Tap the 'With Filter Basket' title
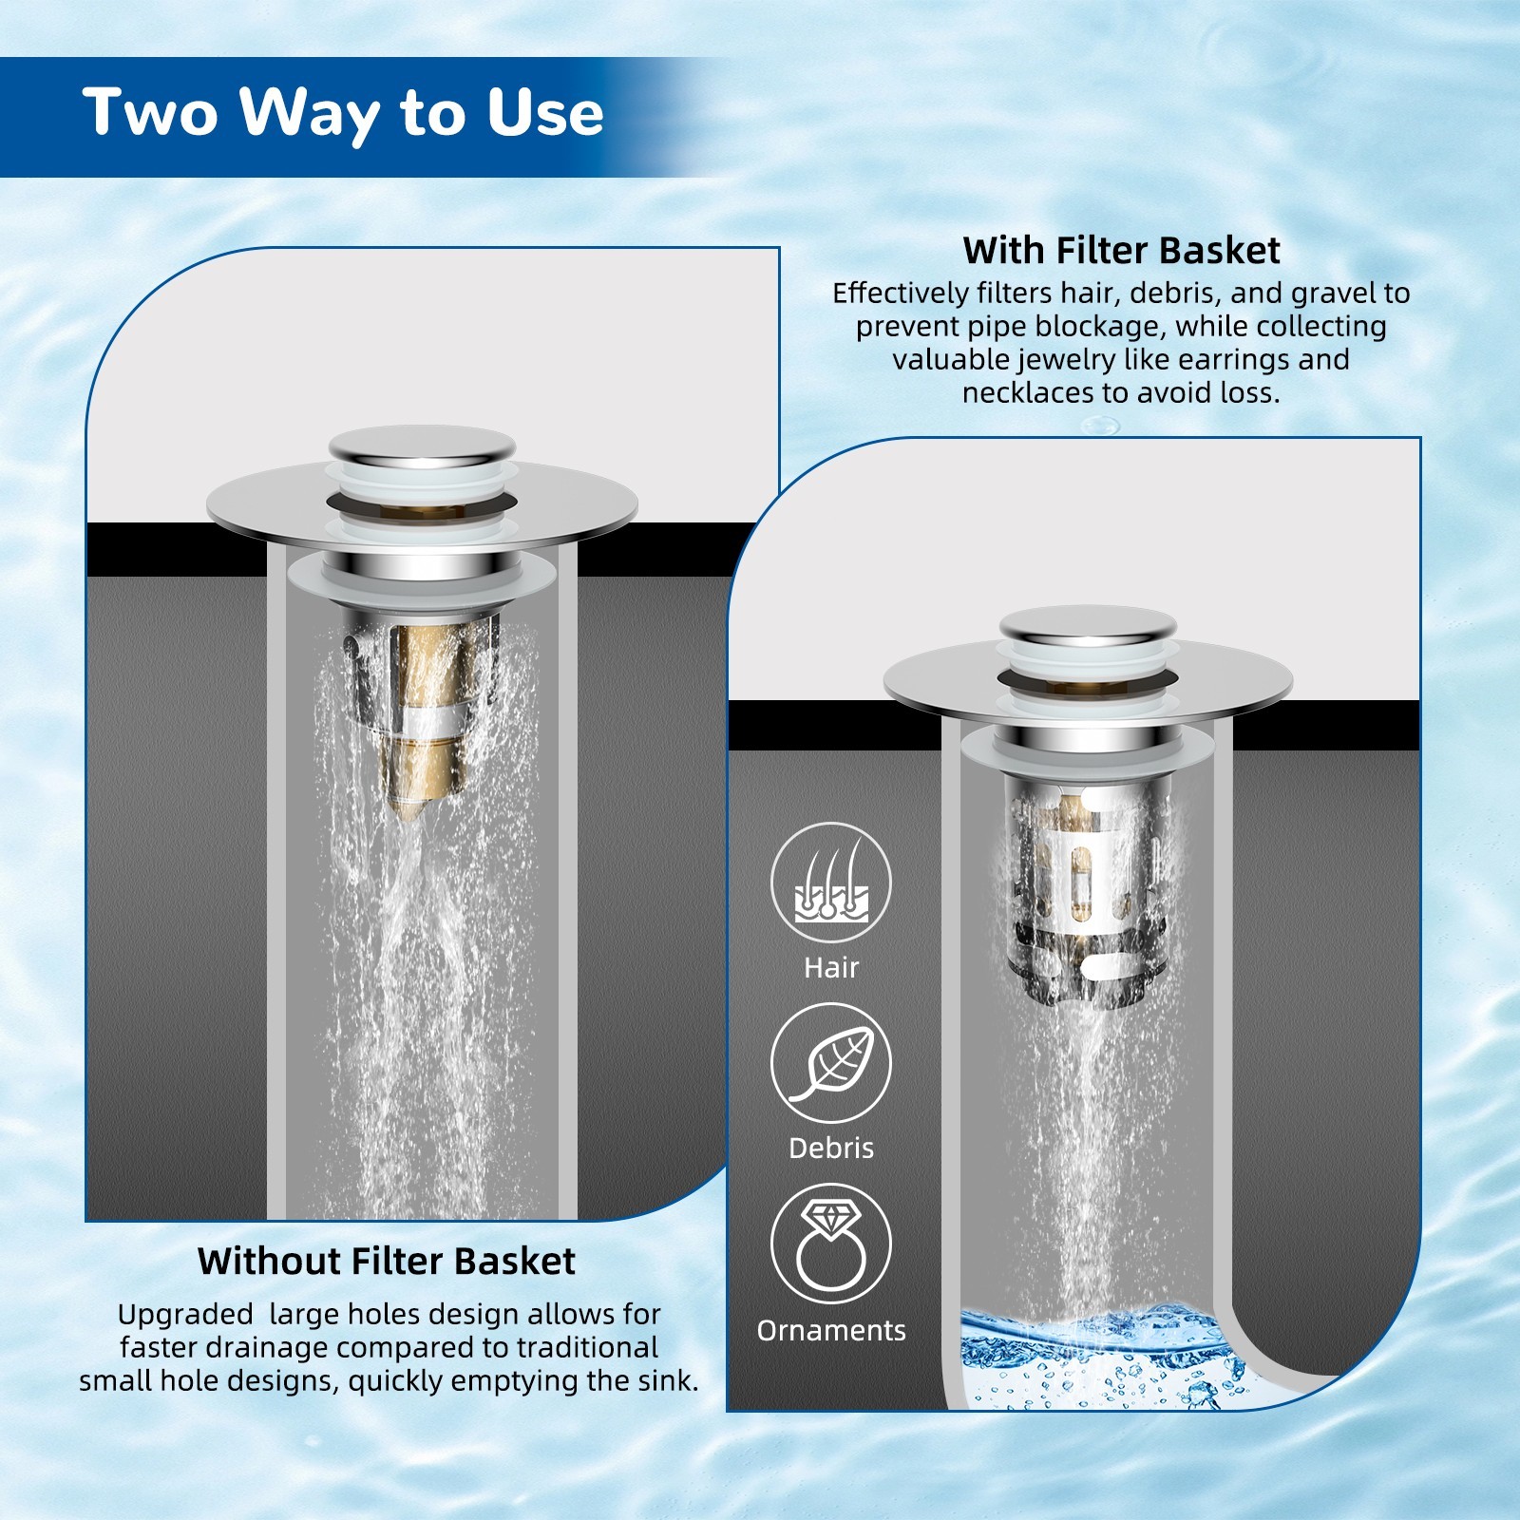(1121, 251)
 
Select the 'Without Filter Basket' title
(387, 1262)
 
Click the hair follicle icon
(831, 883)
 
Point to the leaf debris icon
(831, 1063)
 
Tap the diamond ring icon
(831, 1244)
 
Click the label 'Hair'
(831, 967)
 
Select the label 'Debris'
(831, 1148)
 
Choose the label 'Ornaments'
(831, 1330)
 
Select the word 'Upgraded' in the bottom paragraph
(185, 1316)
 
